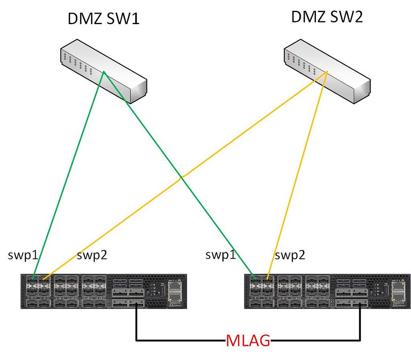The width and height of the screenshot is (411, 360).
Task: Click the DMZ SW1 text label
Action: pos(104,19)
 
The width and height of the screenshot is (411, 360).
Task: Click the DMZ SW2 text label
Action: pos(327,17)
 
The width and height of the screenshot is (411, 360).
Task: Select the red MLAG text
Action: pos(248,341)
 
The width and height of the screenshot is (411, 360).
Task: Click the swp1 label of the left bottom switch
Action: pos(23,255)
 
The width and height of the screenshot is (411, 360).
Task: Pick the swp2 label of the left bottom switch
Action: pos(92,255)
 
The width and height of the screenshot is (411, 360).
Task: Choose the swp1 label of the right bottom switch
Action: pos(220,255)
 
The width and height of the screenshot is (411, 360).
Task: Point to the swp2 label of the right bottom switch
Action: pos(290,255)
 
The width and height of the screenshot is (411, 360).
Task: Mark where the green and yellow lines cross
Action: pos(181,177)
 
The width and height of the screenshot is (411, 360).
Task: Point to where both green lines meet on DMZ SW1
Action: pos(104,72)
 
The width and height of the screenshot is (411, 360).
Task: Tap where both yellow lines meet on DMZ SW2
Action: pos(327,72)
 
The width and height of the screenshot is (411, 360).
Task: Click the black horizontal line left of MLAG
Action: pos(181,341)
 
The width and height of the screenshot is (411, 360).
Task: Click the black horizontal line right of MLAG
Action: pos(315,341)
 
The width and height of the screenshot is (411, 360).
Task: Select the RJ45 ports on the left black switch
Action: pos(174,292)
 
